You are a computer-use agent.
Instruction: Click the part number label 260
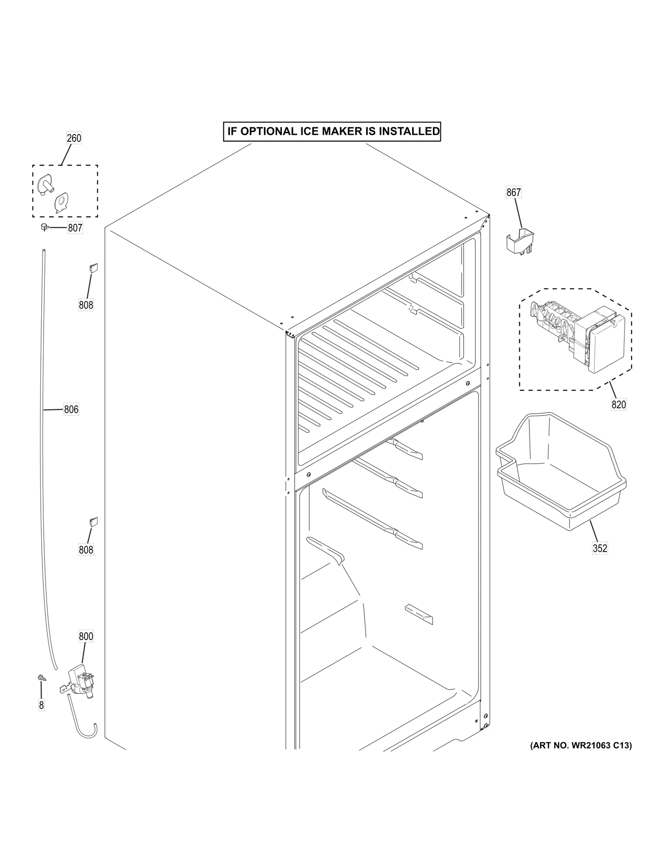click(74, 138)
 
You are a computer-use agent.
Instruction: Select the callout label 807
click(75, 228)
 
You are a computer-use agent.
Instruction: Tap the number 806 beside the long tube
click(71, 410)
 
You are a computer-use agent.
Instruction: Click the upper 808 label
click(86, 305)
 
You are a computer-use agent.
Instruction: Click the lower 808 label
click(86, 550)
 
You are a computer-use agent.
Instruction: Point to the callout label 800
click(86, 636)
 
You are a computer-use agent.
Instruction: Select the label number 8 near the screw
click(41, 705)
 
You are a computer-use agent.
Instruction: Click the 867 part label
click(514, 192)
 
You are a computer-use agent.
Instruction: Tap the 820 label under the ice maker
click(619, 404)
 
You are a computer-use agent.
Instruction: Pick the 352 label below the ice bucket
click(600, 549)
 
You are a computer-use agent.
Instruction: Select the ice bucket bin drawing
click(561, 474)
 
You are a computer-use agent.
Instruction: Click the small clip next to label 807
click(45, 227)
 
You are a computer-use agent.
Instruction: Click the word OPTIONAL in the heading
click(267, 132)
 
